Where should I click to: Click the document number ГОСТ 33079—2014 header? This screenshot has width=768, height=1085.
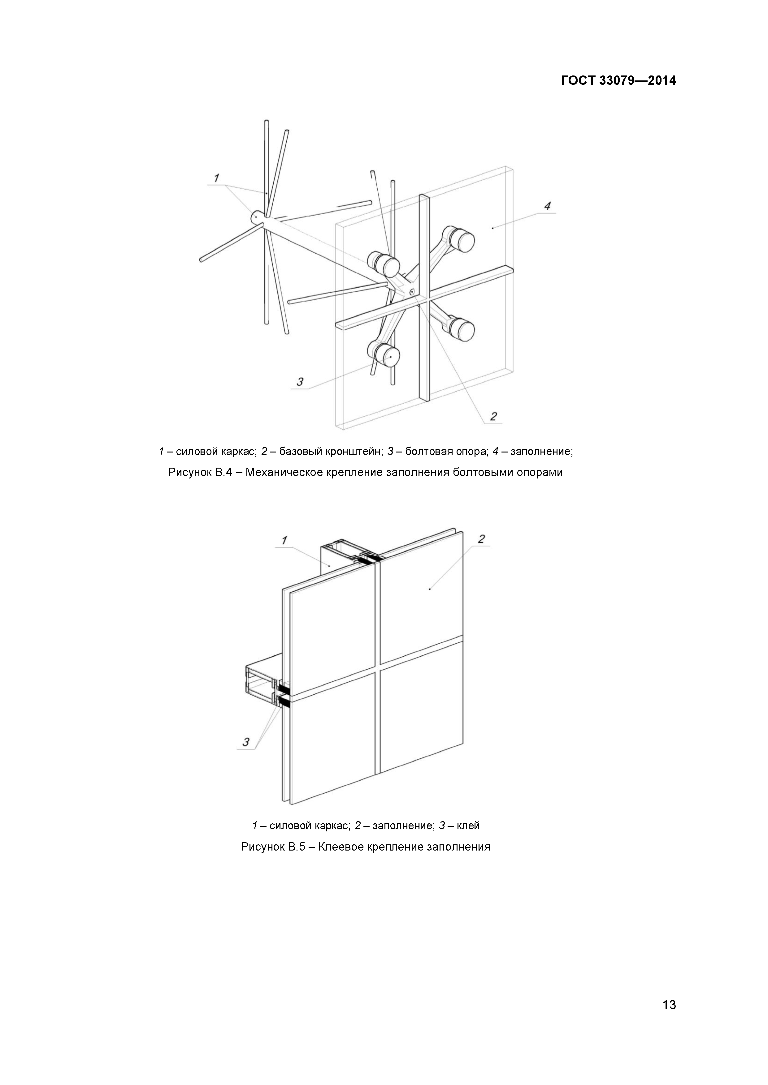point(618,81)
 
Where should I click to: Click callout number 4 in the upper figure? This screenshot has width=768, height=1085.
point(547,206)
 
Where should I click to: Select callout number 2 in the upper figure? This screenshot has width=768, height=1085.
point(493,416)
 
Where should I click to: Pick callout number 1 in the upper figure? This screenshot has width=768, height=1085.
point(216,178)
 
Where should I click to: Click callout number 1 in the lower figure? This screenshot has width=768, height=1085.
point(284,540)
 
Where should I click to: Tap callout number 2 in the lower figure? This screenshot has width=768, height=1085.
point(481,539)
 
